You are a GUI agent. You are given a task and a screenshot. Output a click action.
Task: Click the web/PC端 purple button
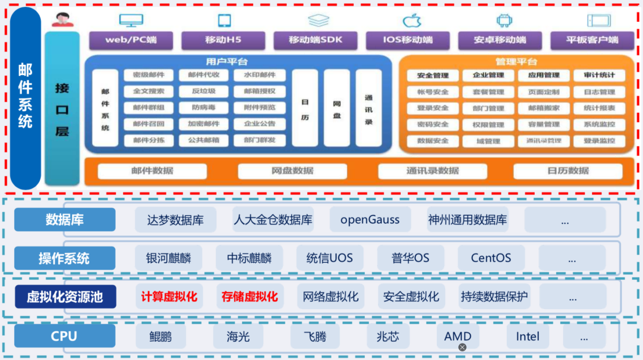tap(131, 40)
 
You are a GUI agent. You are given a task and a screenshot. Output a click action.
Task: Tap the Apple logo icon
tap(412, 21)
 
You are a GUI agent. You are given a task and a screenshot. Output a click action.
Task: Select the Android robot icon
tap(504, 21)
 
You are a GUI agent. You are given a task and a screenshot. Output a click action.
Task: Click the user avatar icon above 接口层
tap(63, 19)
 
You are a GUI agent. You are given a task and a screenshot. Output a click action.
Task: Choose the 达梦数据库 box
tap(175, 220)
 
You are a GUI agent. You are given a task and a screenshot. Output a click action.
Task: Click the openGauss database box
tap(370, 219)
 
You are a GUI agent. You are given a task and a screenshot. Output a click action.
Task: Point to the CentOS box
tap(491, 258)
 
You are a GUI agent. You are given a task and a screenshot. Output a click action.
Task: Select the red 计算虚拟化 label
tap(169, 296)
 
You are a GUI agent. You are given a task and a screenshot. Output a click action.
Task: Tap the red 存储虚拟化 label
tap(250, 296)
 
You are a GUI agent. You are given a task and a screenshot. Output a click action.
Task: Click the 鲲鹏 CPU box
tap(161, 336)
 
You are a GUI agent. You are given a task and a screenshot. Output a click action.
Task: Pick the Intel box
tap(528, 336)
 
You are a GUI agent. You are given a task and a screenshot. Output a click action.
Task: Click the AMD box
tap(458, 335)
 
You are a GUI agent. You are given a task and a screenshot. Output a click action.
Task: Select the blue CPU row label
tap(64, 336)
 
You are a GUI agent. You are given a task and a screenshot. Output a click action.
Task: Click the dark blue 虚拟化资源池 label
tap(65, 297)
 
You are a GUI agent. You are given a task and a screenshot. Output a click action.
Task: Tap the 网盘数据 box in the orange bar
tap(292, 171)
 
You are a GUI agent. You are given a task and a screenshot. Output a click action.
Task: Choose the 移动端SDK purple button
tap(315, 40)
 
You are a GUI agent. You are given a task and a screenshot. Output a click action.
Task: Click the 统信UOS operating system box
tap(329, 258)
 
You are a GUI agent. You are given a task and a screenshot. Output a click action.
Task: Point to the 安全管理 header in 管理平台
tap(433, 75)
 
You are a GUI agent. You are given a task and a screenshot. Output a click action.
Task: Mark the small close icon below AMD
tap(462, 347)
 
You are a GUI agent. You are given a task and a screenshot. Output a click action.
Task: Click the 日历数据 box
tap(568, 171)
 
